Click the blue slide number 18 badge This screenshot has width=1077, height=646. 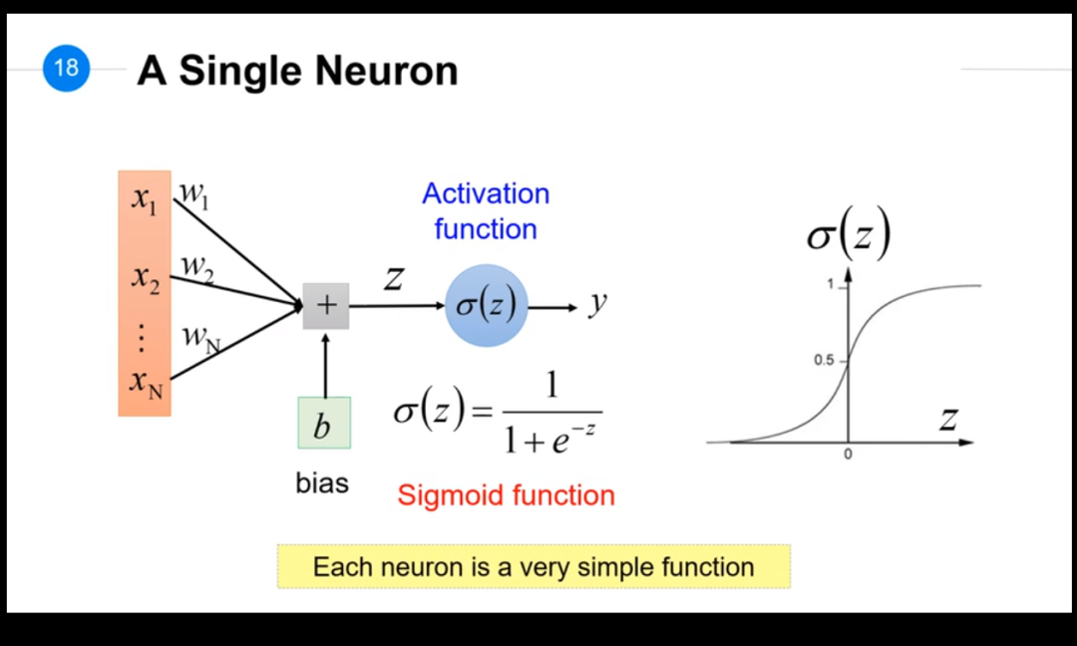click(66, 69)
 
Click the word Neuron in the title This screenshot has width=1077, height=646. click(387, 71)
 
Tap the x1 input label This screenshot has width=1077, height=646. click(145, 198)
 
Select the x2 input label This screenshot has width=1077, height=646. click(145, 278)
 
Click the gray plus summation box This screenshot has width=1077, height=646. click(326, 304)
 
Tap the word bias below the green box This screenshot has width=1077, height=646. click(322, 484)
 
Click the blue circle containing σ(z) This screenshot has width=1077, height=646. click(486, 306)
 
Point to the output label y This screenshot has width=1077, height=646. click(597, 301)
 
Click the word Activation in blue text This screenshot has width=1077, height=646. click(486, 193)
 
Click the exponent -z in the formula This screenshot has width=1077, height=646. click(587, 428)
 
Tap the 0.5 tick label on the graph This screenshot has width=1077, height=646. click(823, 360)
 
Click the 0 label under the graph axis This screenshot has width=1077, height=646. click(848, 455)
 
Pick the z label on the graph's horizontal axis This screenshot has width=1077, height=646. click(946, 419)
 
